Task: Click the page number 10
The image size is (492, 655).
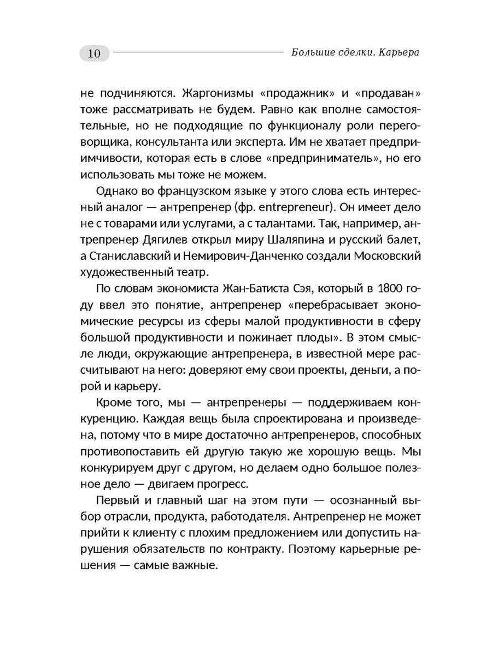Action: (94, 53)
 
